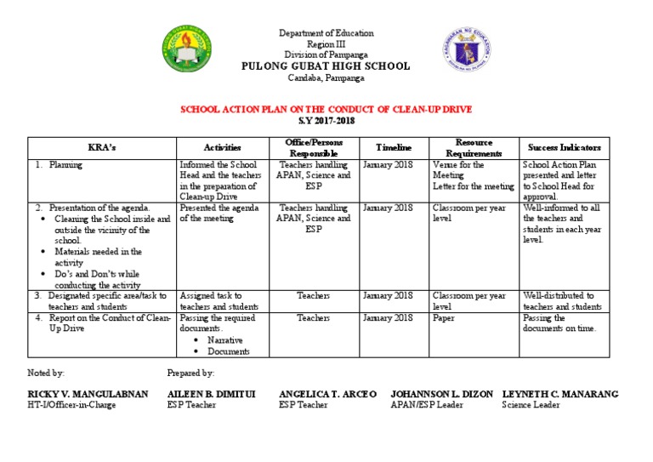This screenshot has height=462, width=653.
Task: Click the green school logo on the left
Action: (x=187, y=51)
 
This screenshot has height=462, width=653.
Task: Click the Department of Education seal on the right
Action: (x=465, y=52)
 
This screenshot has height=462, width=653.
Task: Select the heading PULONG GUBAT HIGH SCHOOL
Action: (x=326, y=66)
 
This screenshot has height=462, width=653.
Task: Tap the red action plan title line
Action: (x=326, y=110)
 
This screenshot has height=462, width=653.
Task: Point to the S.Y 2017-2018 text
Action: (x=326, y=121)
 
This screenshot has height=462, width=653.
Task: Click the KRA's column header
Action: (x=101, y=148)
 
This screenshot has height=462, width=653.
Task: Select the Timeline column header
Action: (x=394, y=148)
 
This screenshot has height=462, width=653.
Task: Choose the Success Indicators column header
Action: (x=564, y=148)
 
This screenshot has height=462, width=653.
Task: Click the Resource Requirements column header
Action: (x=474, y=148)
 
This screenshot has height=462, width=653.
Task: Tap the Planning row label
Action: (x=65, y=165)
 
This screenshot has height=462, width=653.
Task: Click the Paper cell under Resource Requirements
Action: (x=444, y=318)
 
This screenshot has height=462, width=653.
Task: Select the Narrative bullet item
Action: (x=224, y=340)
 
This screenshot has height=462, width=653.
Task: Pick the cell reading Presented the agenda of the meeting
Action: (x=216, y=213)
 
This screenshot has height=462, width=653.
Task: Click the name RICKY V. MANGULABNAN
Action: (x=88, y=395)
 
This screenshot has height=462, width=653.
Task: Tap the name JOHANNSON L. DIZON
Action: (x=440, y=395)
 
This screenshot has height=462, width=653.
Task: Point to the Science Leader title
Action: (x=531, y=406)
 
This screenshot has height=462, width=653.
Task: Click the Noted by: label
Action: (x=46, y=374)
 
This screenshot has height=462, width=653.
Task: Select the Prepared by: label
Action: (x=190, y=374)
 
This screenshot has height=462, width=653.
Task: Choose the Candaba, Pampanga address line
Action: (x=326, y=77)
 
